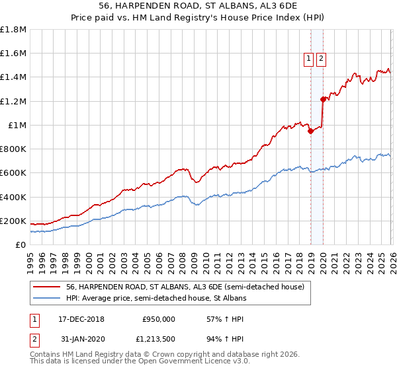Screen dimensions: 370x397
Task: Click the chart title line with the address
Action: point(198,6)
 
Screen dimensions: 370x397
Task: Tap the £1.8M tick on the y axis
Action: point(13,30)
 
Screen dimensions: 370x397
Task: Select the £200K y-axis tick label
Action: point(13,221)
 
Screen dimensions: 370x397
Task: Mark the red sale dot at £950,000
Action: point(310,131)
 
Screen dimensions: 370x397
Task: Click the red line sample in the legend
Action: point(47,287)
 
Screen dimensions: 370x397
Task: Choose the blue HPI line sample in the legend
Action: point(47,299)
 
